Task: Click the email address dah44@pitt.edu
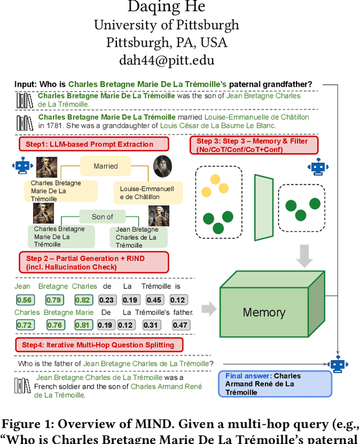pyautogui.click(x=166, y=60)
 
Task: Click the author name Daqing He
pyautogui.click(x=166, y=8)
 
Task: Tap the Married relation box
pyautogui.click(x=106, y=166)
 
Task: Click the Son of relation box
pyautogui.click(x=102, y=216)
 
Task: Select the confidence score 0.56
pyautogui.click(x=24, y=300)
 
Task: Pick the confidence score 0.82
pyautogui.click(x=83, y=300)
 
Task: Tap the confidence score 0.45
pyautogui.click(x=154, y=300)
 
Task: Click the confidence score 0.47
pyautogui.click(x=180, y=325)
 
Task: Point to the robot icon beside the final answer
pyautogui.click(x=337, y=364)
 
